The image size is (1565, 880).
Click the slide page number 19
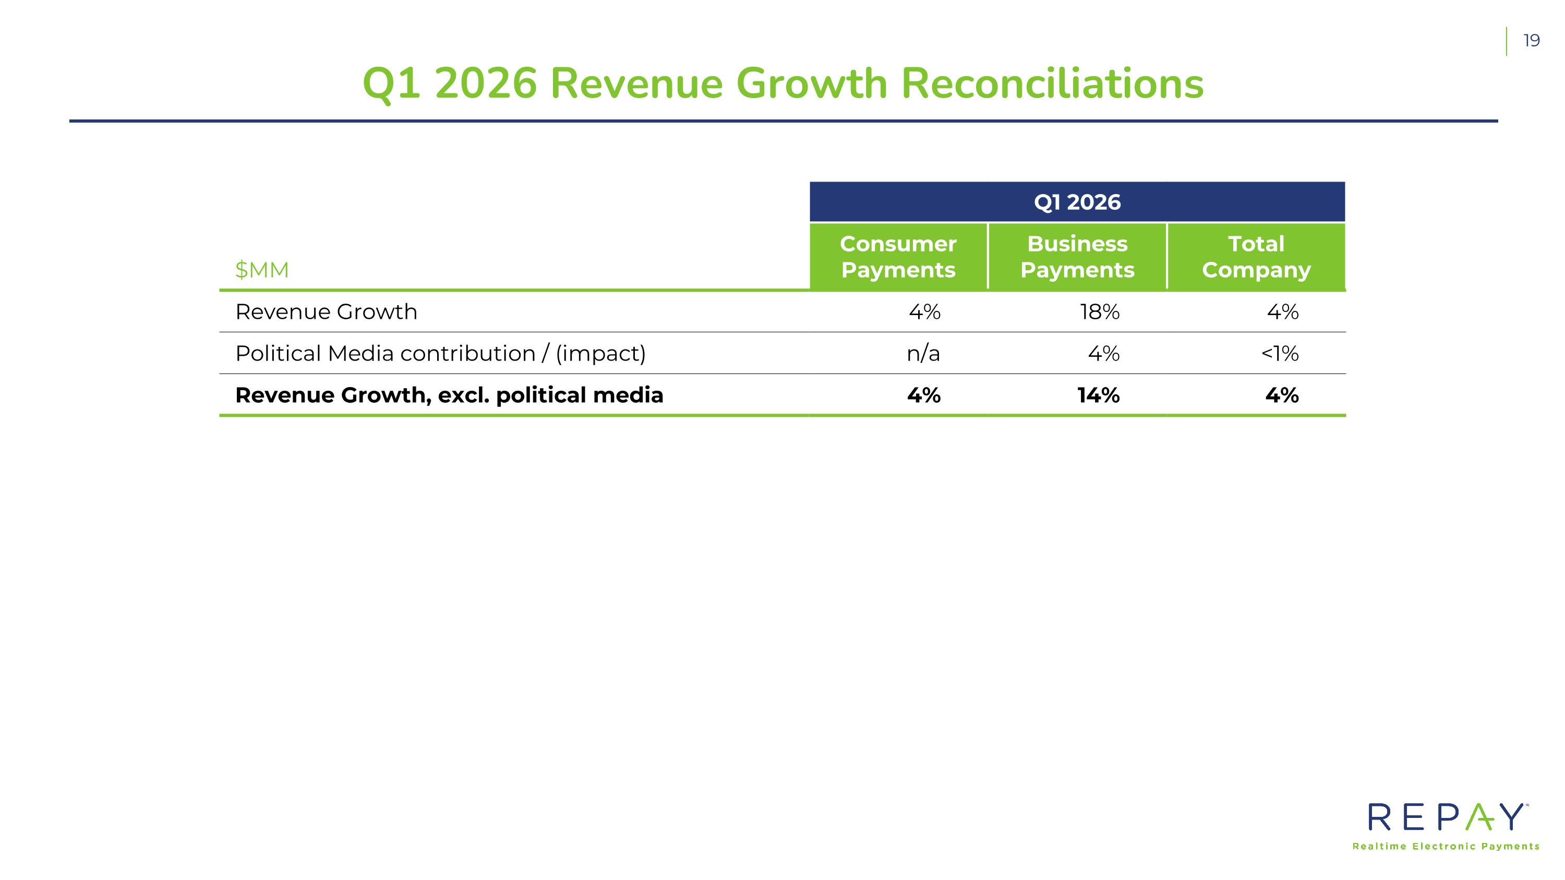1531,41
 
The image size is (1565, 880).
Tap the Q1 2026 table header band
1077,202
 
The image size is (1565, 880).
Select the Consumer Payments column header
898,256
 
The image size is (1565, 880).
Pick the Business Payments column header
1077,256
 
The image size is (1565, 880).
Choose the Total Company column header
1256,256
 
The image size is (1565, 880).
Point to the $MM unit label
262,270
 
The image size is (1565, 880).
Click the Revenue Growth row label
326,311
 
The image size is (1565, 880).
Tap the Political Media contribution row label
440,354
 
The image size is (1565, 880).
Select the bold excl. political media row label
449,395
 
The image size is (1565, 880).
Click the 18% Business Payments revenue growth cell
1100,311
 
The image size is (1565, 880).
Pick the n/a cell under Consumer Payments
923,354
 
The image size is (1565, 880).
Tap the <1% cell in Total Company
1280,354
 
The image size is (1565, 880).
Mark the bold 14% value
1099,395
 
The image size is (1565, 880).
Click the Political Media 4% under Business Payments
1103,354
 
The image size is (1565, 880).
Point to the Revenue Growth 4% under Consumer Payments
925,311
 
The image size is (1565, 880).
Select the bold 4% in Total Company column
1282,395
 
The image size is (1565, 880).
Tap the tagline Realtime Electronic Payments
1446,847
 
